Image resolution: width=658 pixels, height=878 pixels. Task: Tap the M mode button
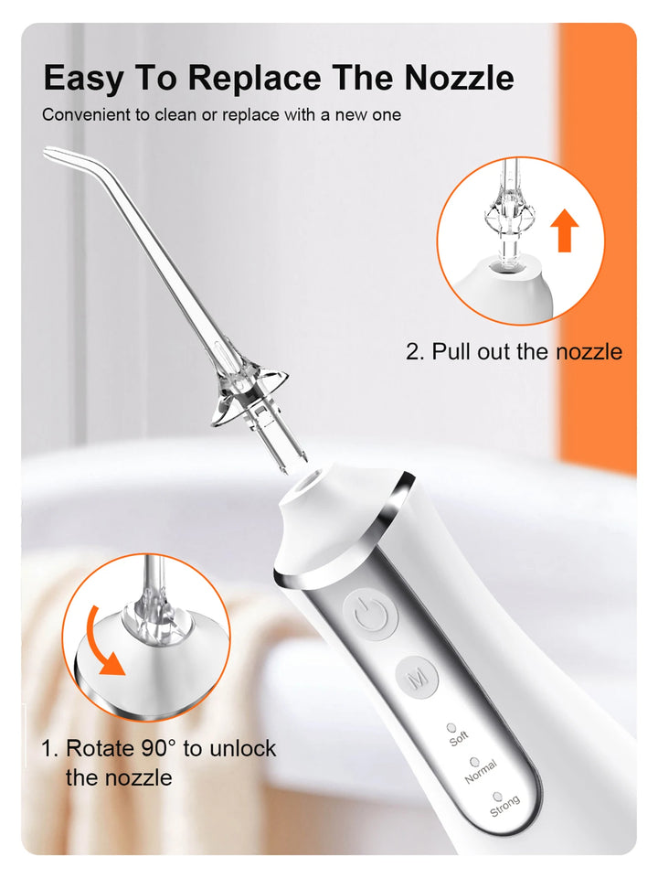click(x=418, y=678)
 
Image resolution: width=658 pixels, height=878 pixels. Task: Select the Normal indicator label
click(x=481, y=773)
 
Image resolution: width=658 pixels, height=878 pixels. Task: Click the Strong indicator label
click(x=504, y=806)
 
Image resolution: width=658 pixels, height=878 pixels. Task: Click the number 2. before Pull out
click(x=415, y=351)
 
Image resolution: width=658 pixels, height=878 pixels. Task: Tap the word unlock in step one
click(x=242, y=748)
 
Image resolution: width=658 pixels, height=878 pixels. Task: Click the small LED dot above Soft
click(x=451, y=727)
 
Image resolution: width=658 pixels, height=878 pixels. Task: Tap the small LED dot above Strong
click(x=497, y=797)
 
